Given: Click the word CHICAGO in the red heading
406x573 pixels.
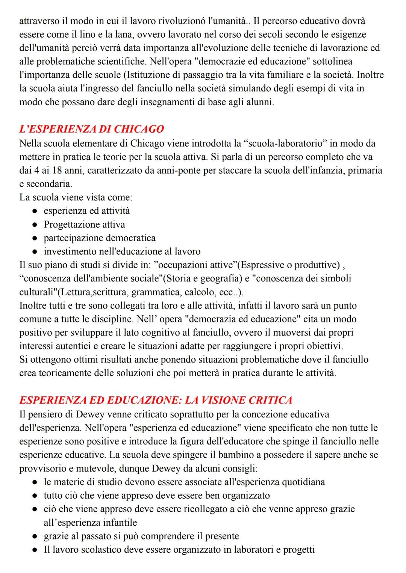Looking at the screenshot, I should (x=139, y=129).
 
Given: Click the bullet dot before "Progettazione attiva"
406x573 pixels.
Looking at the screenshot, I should (x=34, y=225).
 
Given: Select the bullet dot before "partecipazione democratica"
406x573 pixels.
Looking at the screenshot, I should (x=34, y=238).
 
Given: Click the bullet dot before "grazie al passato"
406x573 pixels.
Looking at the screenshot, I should (x=34, y=536).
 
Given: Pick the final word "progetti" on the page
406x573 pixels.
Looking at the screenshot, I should (x=299, y=550).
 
